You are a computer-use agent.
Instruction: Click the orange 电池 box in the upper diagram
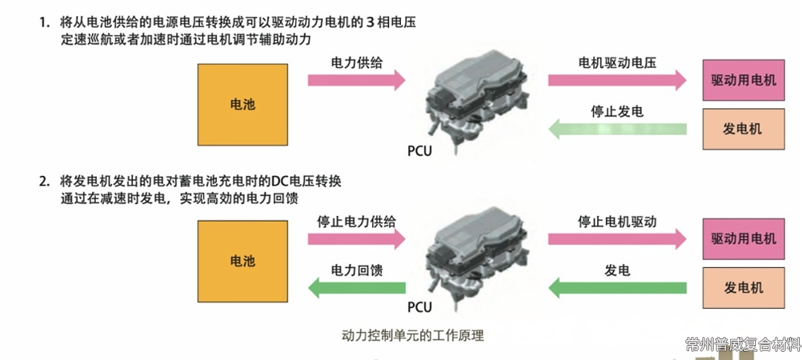243,105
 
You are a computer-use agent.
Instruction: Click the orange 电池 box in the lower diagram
243,261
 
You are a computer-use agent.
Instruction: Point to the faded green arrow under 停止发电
616,130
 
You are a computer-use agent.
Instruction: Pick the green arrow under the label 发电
616,287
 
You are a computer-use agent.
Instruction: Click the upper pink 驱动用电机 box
743,79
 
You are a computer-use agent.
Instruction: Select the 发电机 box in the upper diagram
743,129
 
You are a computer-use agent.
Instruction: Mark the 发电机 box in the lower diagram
743,287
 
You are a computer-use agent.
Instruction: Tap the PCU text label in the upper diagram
419,151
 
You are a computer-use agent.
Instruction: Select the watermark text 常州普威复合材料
743,345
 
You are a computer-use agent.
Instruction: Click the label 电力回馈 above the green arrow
357,271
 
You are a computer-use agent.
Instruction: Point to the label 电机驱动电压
617,62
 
